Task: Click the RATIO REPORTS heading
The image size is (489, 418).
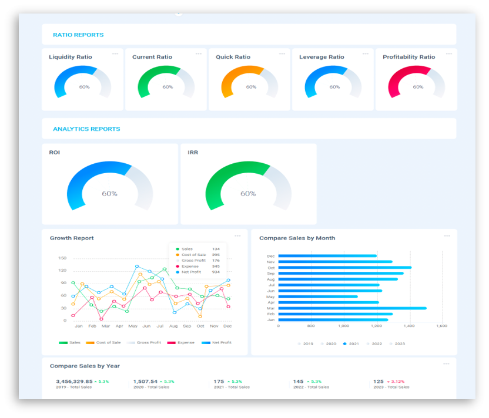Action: click(78, 35)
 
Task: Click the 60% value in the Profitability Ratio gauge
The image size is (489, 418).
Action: click(418, 87)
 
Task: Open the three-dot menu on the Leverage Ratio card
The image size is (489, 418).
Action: click(366, 54)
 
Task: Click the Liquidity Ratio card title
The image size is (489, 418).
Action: click(71, 57)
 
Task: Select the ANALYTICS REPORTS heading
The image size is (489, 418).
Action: click(86, 129)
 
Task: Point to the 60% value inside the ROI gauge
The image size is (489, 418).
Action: click(109, 193)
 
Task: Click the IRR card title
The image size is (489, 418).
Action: click(193, 153)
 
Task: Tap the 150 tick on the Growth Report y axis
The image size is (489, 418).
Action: click(62, 258)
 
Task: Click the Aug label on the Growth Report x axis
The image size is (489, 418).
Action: click(173, 326)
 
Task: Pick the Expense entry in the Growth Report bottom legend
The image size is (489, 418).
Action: click(183, 342)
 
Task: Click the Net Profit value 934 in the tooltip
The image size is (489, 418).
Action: click(216, 272)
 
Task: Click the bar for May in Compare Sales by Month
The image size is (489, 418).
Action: click(317, 296)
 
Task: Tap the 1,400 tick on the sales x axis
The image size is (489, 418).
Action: click(409, 325)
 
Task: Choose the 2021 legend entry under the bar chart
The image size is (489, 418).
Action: click(353, 344)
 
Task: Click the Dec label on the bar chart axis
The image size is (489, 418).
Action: click(271, 256)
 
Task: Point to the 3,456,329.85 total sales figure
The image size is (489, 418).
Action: click(74, 381)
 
